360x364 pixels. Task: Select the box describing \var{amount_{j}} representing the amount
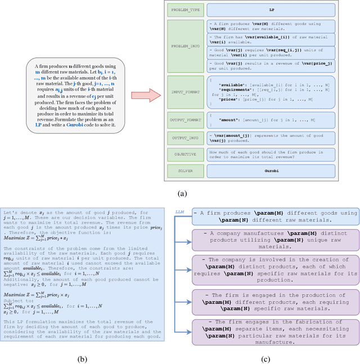point(271,137)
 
